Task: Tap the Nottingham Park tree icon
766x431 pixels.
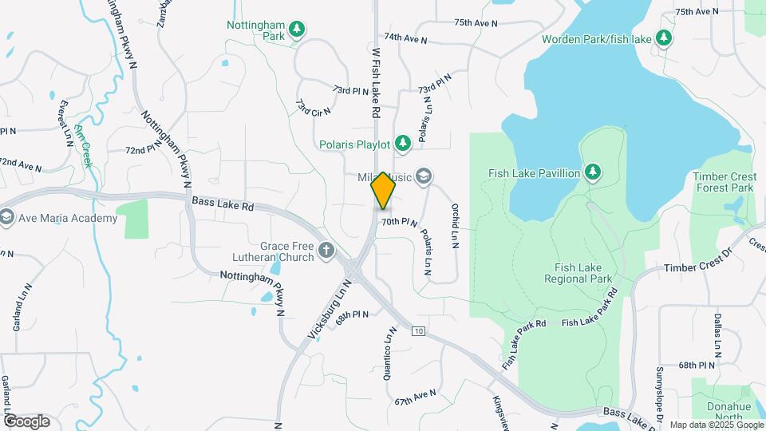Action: (297, 30)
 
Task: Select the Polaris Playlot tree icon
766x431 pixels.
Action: (403, 143)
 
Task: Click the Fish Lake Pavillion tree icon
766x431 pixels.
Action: (592, 172)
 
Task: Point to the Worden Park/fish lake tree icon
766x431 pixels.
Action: (663, 38)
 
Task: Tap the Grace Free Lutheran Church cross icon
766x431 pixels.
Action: (326, 251)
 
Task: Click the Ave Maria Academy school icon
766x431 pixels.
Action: (6, 218)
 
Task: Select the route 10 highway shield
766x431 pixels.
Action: (418, 330)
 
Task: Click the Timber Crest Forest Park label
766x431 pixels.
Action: (723, 182)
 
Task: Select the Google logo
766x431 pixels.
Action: (26, 421)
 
